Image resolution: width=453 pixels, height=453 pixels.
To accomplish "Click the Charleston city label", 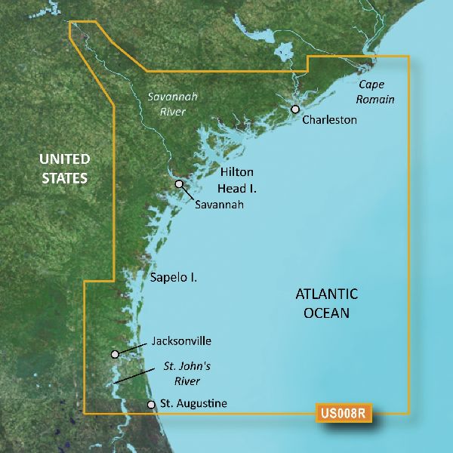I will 329,120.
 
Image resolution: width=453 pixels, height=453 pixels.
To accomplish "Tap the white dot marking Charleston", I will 295,109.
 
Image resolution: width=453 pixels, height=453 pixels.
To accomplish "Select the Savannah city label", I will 219,204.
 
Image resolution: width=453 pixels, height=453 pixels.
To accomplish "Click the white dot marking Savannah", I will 179,183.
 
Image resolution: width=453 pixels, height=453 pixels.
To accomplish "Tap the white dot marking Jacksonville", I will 115,353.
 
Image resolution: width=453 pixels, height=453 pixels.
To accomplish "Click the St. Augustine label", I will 193,405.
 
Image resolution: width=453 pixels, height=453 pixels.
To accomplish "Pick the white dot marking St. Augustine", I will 152,405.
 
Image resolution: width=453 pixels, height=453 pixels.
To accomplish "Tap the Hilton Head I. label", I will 236,180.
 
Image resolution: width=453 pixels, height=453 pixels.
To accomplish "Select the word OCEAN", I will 325,312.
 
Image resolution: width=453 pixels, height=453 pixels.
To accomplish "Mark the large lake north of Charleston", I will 285,53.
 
